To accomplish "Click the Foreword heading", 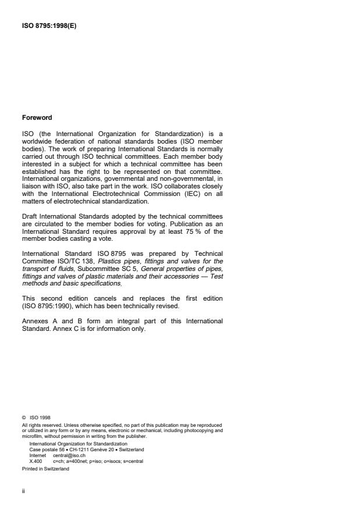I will pyautogui.click(x=37, y=117).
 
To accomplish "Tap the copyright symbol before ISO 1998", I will pyautogui.click(x=24, y=416).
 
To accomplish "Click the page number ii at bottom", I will pyautogui.click(x=23, y=491).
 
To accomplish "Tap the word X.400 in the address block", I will pyautogui.click(x=35, y=461).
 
